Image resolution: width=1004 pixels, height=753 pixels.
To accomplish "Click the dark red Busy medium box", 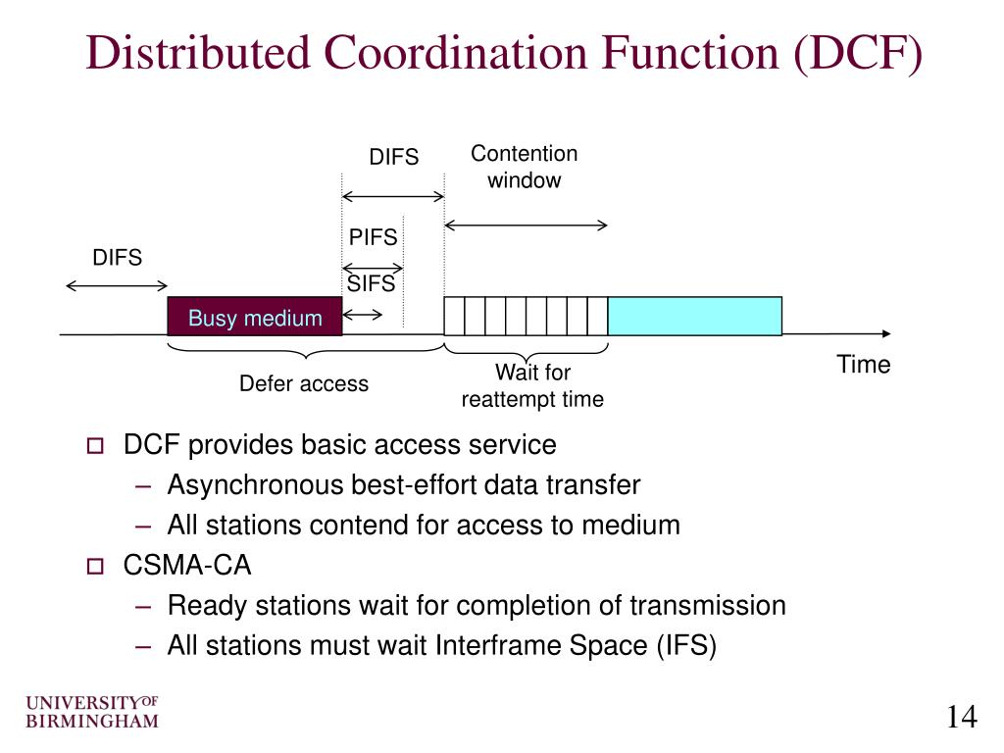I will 255,317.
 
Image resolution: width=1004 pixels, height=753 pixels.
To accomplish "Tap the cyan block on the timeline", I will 695,316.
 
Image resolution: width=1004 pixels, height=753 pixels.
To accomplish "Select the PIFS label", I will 374,237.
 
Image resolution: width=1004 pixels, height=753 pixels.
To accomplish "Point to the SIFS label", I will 372,284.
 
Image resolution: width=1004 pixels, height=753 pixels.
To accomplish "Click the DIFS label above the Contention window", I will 393,157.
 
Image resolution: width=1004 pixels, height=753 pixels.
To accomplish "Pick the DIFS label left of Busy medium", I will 118,258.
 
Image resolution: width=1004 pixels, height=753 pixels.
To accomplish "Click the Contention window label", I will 525,167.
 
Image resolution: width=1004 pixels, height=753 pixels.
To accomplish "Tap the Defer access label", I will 304,384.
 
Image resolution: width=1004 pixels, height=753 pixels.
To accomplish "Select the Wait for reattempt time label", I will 532,386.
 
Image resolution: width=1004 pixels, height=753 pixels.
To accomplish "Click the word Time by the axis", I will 863,365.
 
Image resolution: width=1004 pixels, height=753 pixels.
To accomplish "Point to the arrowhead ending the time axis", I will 886,334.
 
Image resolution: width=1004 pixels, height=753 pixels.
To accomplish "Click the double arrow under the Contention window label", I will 527,226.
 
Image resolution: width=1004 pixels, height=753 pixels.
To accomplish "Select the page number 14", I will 962,718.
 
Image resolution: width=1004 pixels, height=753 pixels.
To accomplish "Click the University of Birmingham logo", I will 92,713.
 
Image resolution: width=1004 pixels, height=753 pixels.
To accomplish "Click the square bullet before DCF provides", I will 94,447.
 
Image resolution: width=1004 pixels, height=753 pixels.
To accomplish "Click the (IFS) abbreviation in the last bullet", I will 687,646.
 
